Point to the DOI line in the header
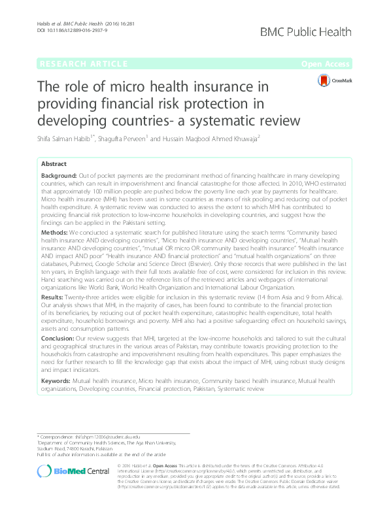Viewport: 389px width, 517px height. click(x=65, y=30)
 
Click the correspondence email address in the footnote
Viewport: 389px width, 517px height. click(x=100, y=436)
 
